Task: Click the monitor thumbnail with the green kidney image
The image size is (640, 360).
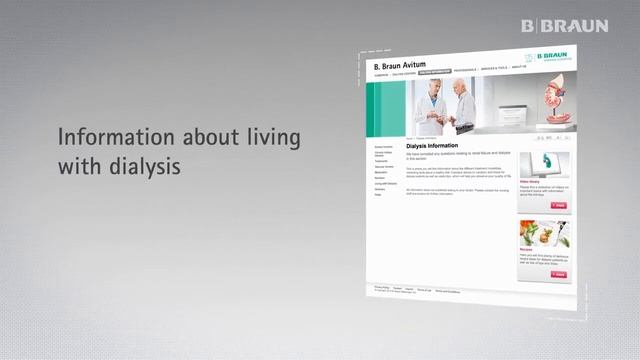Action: tap(544, 164)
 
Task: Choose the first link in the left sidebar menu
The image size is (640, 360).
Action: tap(382, 147)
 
